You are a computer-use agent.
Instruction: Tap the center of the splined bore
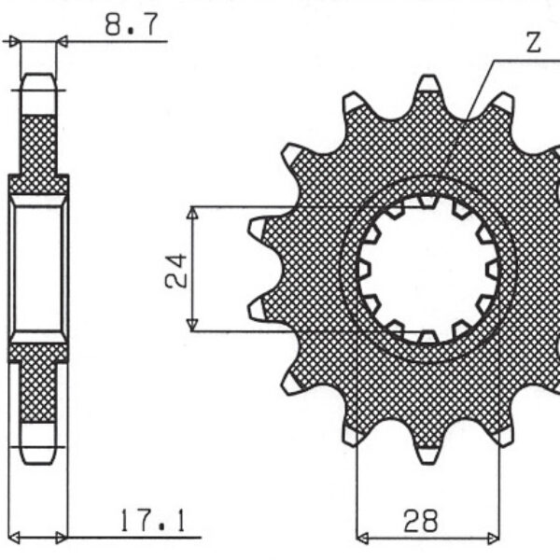pos(427,269)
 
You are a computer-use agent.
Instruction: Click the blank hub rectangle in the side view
pos(38,269)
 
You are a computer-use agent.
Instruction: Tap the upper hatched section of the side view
pos(38,145)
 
